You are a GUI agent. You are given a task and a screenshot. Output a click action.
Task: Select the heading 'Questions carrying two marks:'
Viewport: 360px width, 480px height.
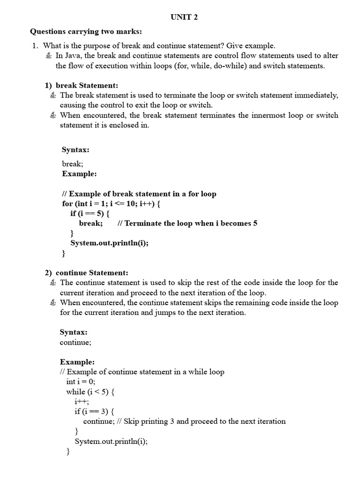(x=86, y=31)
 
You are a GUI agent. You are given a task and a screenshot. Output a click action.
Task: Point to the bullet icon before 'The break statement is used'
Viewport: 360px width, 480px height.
(x=53, y=96)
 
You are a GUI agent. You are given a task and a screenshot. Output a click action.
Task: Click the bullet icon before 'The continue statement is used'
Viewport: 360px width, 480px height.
(x=53, y=283)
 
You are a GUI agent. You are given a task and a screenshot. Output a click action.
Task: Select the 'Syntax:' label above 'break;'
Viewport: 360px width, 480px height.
(x=75, y=150)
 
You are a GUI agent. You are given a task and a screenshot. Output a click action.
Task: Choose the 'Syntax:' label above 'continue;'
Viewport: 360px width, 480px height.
(x=74, y=332)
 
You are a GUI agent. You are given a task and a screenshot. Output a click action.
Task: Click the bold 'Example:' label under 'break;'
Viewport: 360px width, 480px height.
(x=79, y=173)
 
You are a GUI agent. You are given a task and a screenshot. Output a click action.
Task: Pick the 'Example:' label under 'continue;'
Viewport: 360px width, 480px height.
(x=77, y=362)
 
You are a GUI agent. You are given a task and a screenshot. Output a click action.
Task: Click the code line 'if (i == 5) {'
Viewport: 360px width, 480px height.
(x=90, y=213)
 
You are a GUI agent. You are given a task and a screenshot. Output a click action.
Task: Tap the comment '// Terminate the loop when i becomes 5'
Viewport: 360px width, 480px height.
(x=187, y=223)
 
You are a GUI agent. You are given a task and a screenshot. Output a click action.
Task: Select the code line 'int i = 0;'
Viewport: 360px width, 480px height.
(x=81, y=382)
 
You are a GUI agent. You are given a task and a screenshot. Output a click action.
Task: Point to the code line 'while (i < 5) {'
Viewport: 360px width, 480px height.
(x=90, y=391)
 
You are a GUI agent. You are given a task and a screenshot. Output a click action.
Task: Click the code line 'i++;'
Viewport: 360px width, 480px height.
(x=82, y=402)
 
